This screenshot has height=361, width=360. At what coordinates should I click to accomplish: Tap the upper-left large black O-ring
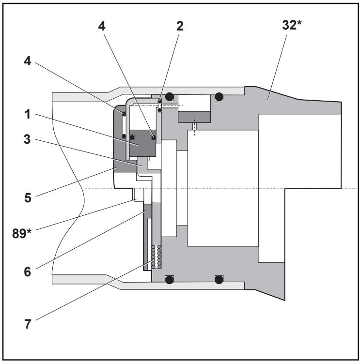tap(169, 96)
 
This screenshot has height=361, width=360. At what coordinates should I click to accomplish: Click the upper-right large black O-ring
tap(219, 96)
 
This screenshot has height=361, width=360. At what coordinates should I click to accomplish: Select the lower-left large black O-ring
tap(169, 279)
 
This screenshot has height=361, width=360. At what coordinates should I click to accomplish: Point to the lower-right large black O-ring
tap(219, 279)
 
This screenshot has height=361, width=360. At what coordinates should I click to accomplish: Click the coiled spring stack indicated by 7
tap(156, 257)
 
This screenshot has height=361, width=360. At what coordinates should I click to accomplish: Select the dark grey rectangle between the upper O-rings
tap(194, 116)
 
